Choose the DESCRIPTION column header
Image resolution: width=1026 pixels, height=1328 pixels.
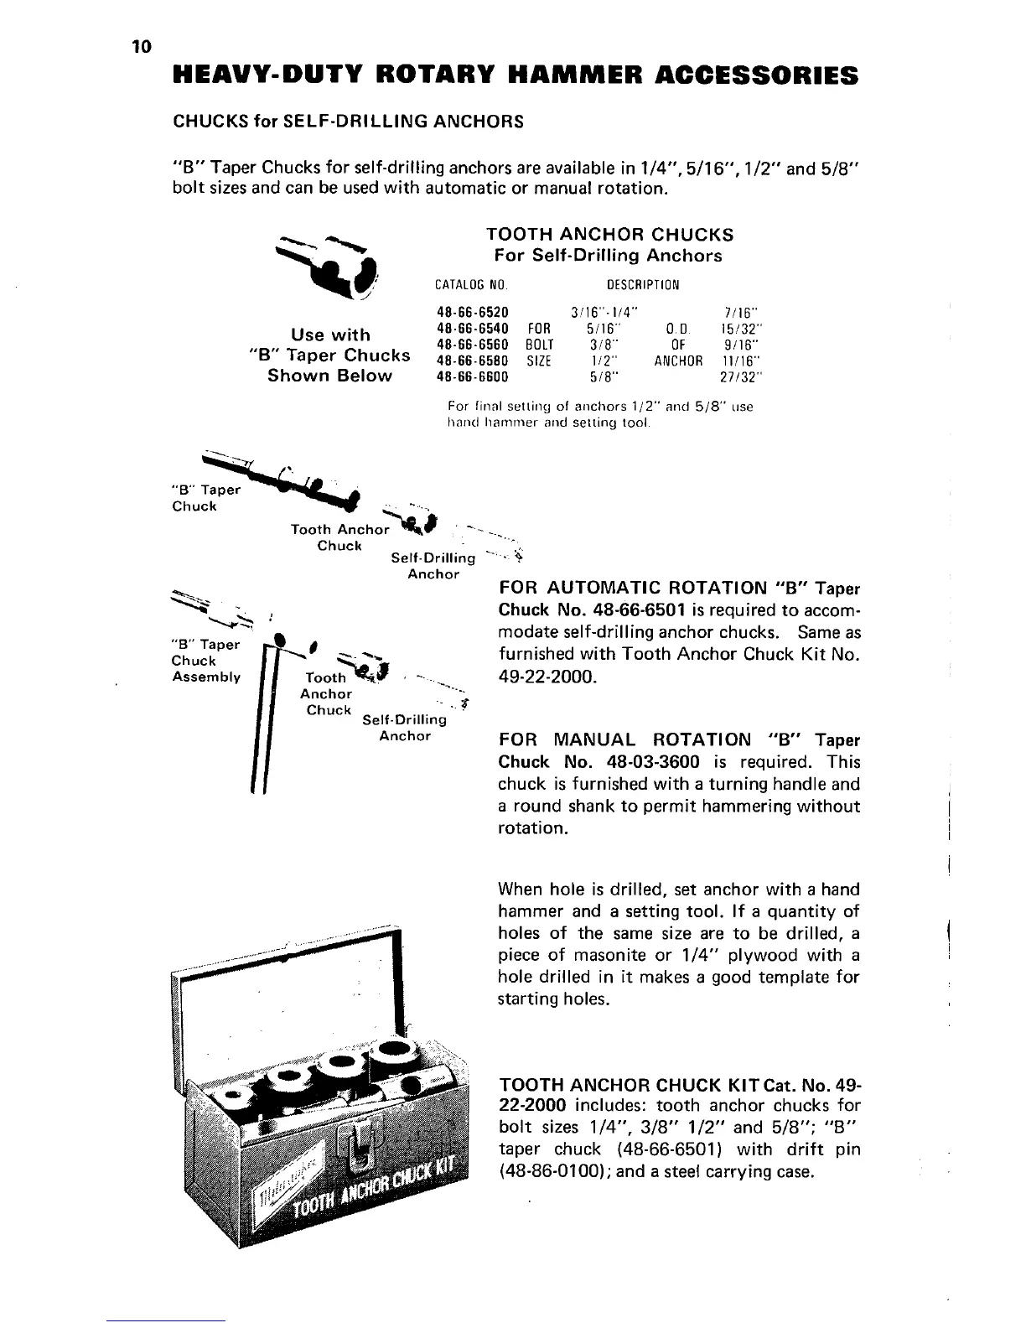click(x=643, y=283)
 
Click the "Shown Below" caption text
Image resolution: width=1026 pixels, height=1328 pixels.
click(x=329, y=376)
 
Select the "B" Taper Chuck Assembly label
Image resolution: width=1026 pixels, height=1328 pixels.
click(x=205, y=661)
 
